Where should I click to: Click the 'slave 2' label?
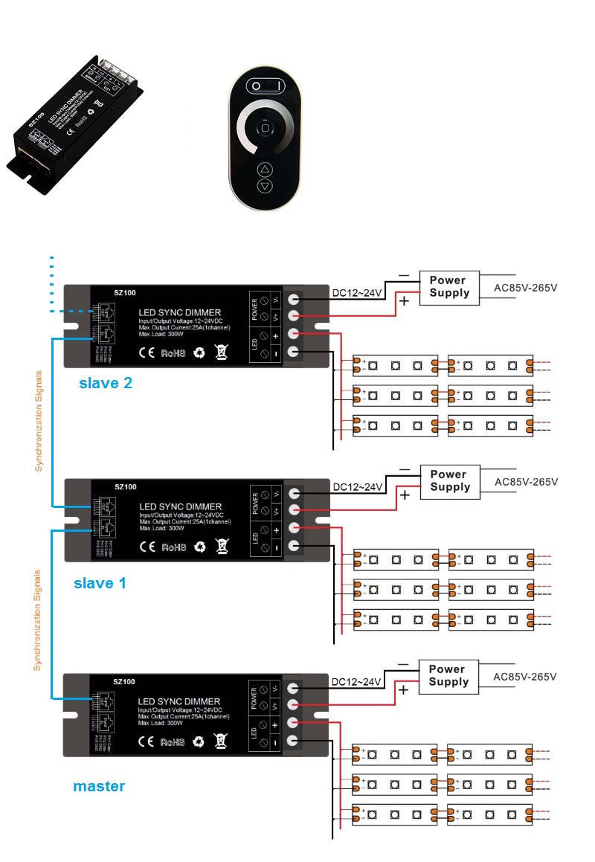click(x=105, y=383)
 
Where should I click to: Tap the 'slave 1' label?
click(x=100, y=582)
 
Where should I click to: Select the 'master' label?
click(x=99, y=785)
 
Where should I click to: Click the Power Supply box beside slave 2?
click(x=449, y=286)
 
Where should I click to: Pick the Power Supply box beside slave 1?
click(x=449, y=480)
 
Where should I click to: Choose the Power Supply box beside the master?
click(x=448, y=675)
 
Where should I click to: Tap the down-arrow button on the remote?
click(x=266, y=186)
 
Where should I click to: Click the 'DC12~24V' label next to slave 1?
click(x=357, y=487)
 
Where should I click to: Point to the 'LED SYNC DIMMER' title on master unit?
click(x=179, y=701)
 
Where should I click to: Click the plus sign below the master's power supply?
click(x=404, y=690)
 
